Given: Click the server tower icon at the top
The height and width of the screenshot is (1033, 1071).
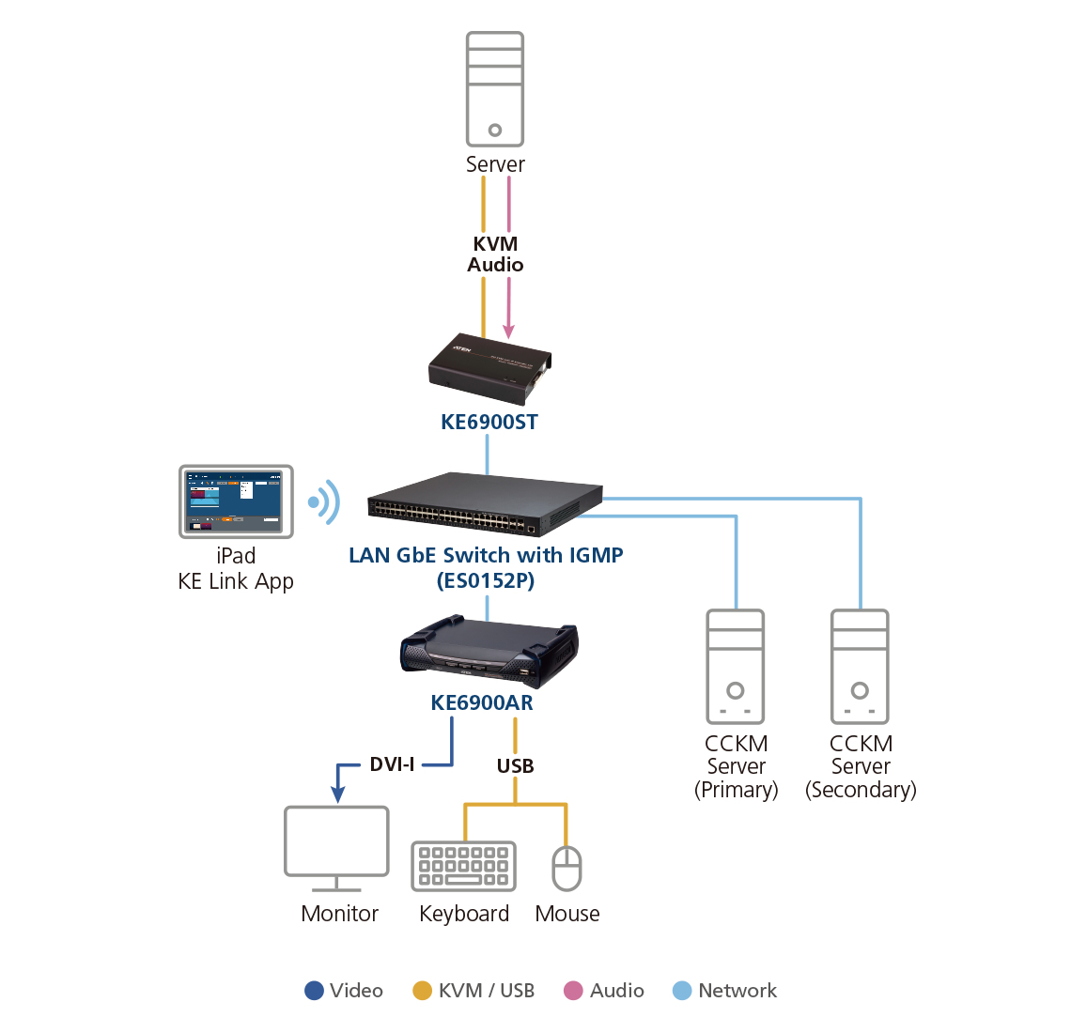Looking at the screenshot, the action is click(495, 89).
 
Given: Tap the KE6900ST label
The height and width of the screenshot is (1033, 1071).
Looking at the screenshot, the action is click(489, 422).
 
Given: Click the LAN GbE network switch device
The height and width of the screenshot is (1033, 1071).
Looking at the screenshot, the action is click(485, 504).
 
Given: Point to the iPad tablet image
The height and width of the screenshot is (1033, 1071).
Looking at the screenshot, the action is click(237, 501).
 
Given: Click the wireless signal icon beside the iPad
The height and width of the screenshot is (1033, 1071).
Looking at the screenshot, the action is click(324, 502).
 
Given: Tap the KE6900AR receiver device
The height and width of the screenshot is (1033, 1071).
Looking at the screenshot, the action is click(489, 652).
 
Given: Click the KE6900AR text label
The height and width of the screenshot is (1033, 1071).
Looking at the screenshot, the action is click(482, 702).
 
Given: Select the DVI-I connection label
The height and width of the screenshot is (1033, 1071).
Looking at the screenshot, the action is click(392, 764).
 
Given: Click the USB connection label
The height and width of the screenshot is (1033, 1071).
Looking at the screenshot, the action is click(515, 766).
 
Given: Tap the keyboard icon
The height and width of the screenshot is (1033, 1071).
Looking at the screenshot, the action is click(464, 867).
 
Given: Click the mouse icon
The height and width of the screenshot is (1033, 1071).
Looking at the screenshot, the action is click(567, 869).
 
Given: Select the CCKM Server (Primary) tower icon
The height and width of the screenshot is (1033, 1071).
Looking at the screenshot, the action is click(736, 667).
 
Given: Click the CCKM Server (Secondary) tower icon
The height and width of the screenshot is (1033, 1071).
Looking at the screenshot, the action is click(860, 667).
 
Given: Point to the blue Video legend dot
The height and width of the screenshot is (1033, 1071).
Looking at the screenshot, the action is click(314, 991).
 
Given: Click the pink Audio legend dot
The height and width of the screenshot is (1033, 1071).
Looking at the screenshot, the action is click(573, 991).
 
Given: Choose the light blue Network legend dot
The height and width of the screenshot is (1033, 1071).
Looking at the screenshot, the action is click(682, 991).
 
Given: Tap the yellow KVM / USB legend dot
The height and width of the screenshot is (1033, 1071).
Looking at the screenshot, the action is click(422, 991).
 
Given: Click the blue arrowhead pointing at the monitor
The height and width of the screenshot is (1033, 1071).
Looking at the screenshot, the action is click(337, 794).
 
